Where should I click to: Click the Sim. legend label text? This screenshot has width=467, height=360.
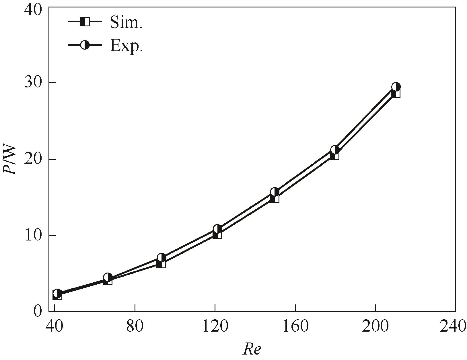126,22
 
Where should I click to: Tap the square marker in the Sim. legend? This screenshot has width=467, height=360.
85,22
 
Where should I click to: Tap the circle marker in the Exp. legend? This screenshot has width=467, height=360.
85,45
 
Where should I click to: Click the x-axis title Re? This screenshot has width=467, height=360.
252,349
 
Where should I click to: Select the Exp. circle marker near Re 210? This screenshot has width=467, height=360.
396,87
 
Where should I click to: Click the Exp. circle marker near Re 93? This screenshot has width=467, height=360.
162,257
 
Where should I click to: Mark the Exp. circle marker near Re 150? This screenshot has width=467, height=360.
275,192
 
